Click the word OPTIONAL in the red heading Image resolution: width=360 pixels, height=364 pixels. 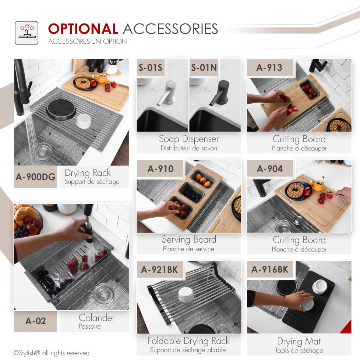click(x=83, y=29)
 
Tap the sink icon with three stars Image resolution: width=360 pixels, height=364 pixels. click(x=27, y=33)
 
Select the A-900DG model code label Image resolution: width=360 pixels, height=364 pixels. click(x=35, y=177)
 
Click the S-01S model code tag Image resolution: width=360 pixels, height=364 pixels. click(x=150, y=68)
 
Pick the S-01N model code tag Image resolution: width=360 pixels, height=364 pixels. click(x=204, y=68)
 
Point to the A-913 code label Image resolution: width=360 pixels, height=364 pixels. click(x=269, y=68)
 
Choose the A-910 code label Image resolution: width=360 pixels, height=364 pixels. click(x=160, y=169)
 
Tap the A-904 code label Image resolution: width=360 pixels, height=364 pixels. click(x=270, y=169)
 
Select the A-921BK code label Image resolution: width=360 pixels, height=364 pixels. click(x=160, y=270)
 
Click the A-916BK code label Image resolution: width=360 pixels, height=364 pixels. click(x=270, y=270)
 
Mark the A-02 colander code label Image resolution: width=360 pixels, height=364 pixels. click(x=35, y=321)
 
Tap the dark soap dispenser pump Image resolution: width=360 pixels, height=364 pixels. click(x=220, y=93)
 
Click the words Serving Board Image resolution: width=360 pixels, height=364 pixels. click(x=189, y=239)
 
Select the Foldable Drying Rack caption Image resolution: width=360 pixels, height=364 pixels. click(x=188, y=341)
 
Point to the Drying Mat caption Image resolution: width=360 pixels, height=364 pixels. click(x=299, y=341)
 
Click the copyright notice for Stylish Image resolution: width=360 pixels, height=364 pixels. click(x=52, y=353)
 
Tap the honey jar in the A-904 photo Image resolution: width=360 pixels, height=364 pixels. click(x=320, y=185)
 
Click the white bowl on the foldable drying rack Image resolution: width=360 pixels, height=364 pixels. click(x=186, y=295)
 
